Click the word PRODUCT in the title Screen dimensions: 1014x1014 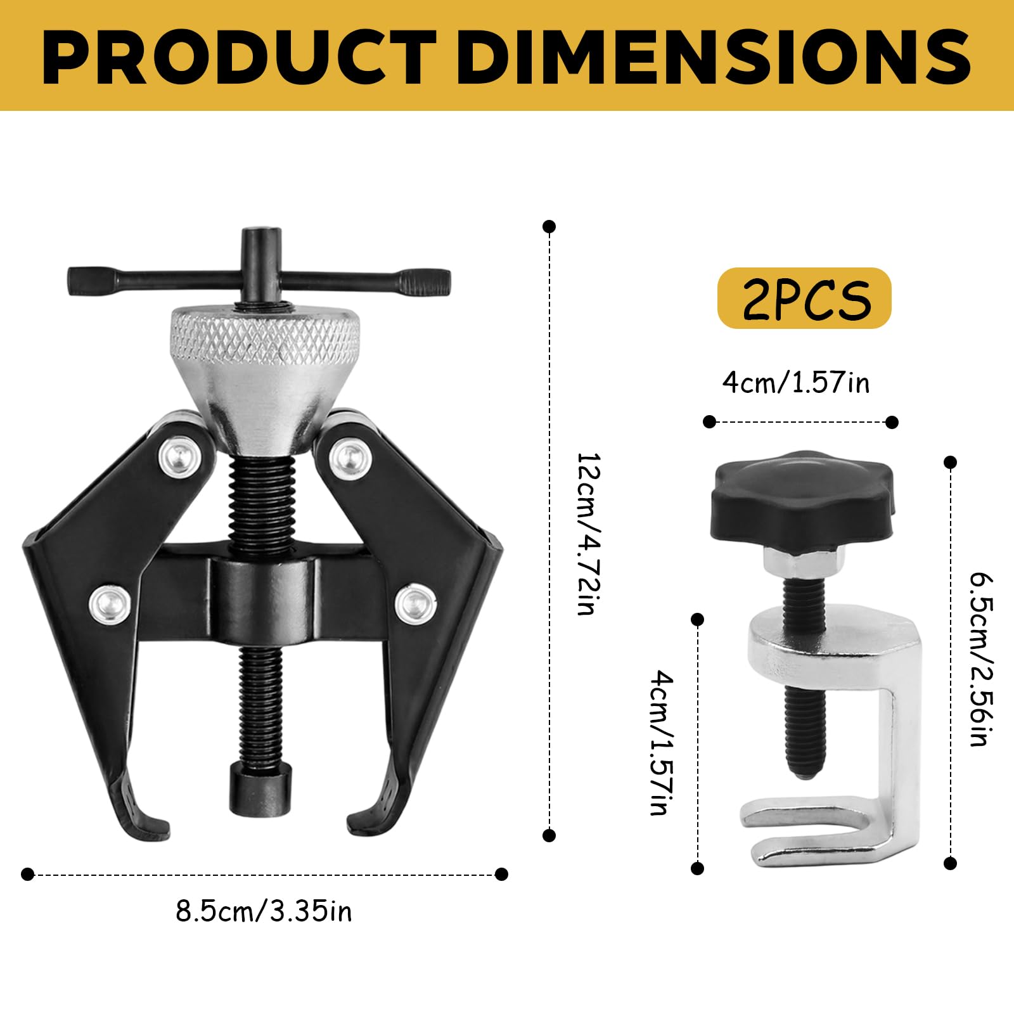point(240,56)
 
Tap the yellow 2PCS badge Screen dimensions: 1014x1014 point(804,298)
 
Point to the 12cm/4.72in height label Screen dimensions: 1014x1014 point(587,533)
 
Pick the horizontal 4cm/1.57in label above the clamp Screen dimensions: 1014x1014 point(796,383)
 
